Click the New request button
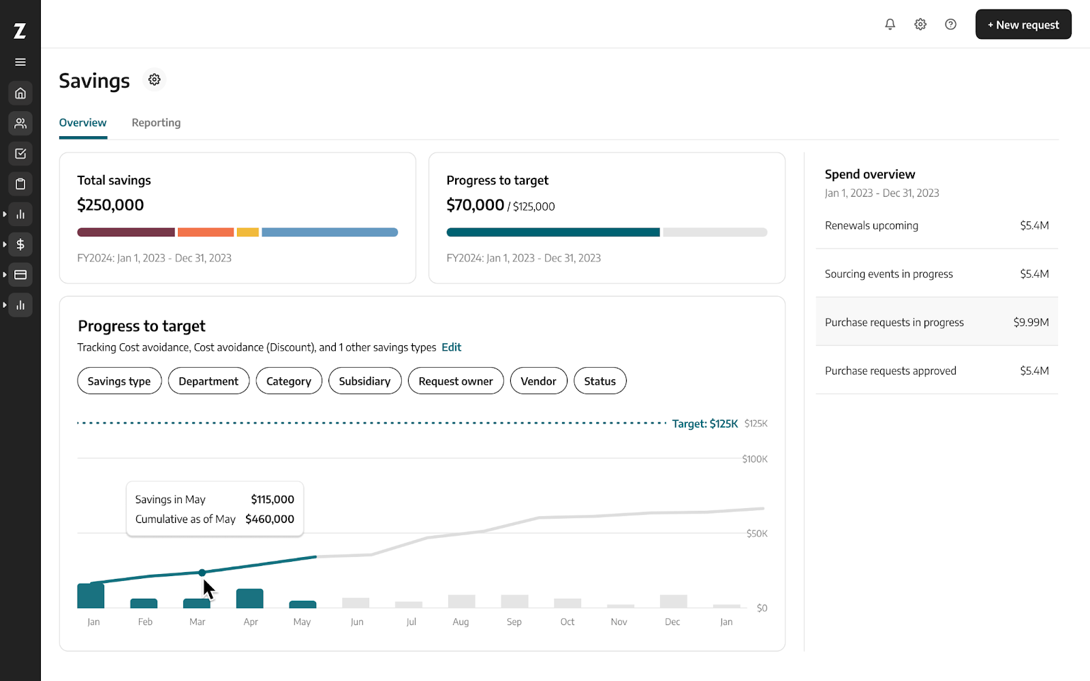(x=1023, y=25)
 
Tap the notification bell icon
(x=890, y=25)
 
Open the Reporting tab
(x=156, y=123)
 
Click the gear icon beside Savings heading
(x=155, y=80)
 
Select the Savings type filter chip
(x=119, y=381)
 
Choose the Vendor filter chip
(x=538, y=381)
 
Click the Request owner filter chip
(x=455, y=381)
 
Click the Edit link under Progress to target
(x=451, y=347)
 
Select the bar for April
(x=249, y=599)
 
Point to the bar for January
(x=91, y=597)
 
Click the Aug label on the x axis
(x=461, y=622)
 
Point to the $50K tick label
(x=756, y=533)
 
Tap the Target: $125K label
(x=704, y=424)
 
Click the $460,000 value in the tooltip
(x=270, y=519)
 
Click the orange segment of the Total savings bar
(x=205, y=232)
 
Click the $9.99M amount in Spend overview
(x=1031, y=322)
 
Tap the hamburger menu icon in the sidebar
(x=20, y=62)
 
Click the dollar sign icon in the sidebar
(x=20, y=244)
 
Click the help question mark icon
(x=950, y=25)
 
